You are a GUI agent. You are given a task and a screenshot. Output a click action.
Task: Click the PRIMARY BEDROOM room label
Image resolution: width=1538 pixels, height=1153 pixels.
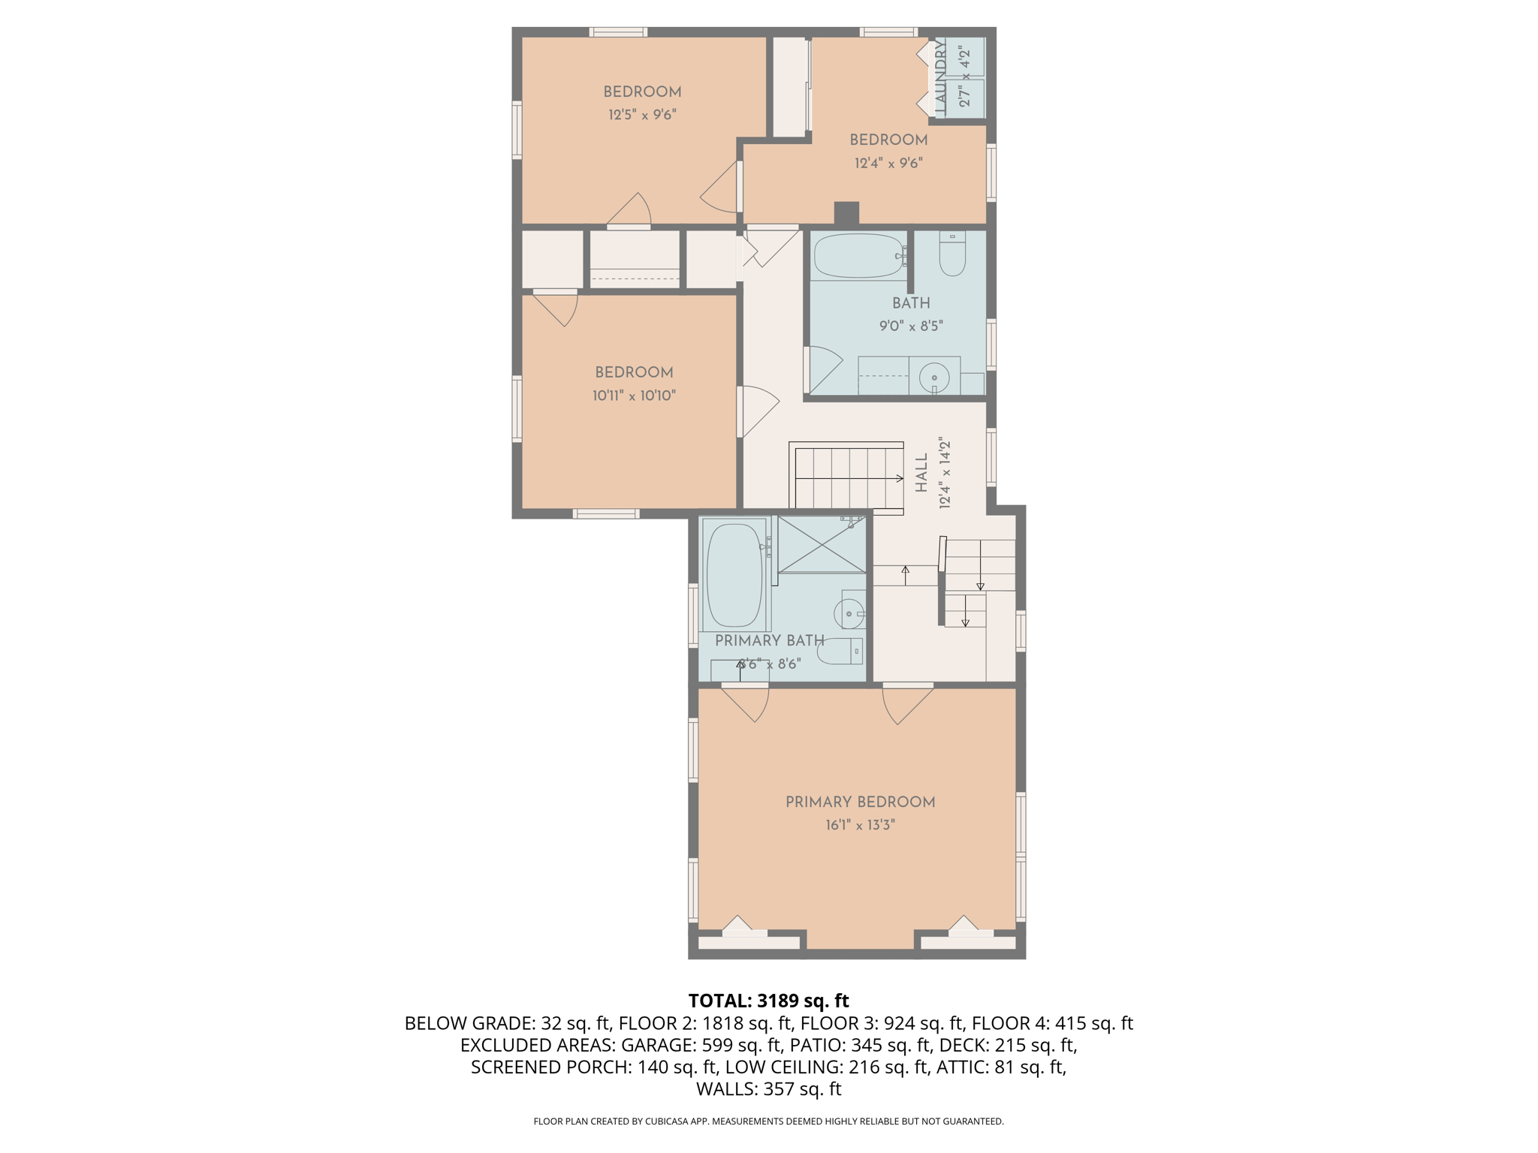tap(860, 802)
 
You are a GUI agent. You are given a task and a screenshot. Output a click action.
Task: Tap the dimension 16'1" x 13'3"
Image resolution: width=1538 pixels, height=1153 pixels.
tap(860, 825)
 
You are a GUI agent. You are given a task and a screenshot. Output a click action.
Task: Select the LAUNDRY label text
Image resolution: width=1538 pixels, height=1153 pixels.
tap(940, 77)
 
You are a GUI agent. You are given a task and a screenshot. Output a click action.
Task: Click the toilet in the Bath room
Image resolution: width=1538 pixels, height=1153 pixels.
tap(952, 255)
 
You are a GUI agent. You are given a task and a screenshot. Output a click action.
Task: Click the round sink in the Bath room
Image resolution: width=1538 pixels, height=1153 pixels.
tap(934, 377)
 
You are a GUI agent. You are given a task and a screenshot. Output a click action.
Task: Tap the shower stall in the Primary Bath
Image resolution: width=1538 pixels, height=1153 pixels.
tap(822, 544)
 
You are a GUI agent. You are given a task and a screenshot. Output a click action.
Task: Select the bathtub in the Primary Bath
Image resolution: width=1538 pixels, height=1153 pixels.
tap(734, 575)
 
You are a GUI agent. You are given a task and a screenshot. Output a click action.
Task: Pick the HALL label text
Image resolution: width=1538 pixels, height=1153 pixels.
tap(921, 473)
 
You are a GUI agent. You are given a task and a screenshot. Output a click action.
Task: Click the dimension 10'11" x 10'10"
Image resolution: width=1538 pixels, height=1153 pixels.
tap(634, 396)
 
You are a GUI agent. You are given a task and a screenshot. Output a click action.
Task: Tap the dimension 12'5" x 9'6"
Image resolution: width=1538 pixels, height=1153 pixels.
tap(642, 115)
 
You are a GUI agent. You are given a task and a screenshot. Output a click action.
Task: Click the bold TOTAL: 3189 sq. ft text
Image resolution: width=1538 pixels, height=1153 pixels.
tap(768, 1001)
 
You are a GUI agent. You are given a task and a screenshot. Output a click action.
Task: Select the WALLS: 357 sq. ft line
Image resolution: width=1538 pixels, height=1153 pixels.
tap(768, 1088)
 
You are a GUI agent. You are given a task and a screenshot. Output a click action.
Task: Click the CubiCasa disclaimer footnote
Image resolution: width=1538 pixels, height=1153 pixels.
tap(768, 1121)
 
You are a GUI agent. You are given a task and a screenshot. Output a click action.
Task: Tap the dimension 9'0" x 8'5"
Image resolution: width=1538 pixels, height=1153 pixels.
tap(911, 326)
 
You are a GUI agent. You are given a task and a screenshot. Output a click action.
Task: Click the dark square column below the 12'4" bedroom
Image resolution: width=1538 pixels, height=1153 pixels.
tap(846, 213)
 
